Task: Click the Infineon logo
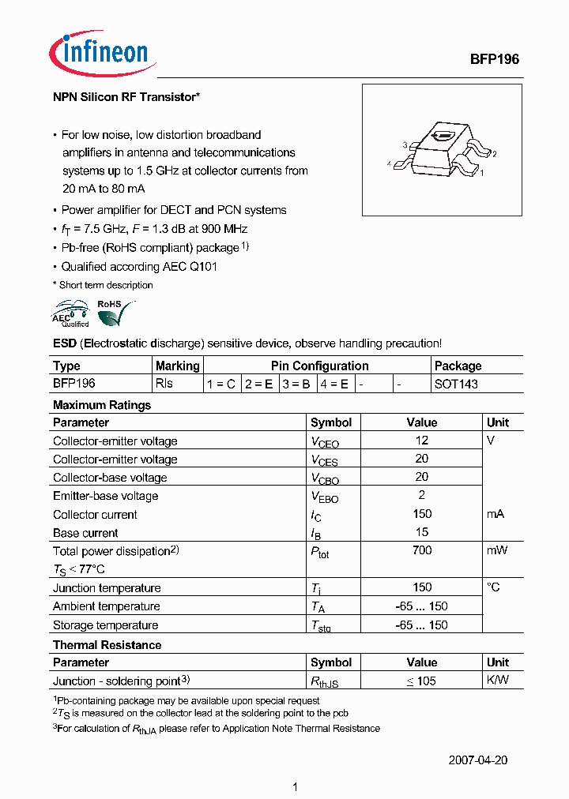coord(99,54)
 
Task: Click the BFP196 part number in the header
coord(494,59)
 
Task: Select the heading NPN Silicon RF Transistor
coord(126,97)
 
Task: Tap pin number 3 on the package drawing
coord(405,145)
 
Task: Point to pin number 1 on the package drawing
coord(482,171)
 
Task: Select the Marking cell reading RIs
coord(164,384)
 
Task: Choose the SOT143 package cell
coord(456,384)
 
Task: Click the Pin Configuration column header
coord(319,366)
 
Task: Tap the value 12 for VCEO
coord(421,441)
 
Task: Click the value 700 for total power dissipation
coord(421,550)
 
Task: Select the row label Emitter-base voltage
coord(105,496)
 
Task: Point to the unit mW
coord(497,550)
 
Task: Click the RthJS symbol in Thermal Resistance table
coord(324,682)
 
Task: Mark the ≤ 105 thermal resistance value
coord(421,681)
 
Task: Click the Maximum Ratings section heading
coord(101,405)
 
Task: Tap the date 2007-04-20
coord(478,760)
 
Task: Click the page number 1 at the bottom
coord(295,786)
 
